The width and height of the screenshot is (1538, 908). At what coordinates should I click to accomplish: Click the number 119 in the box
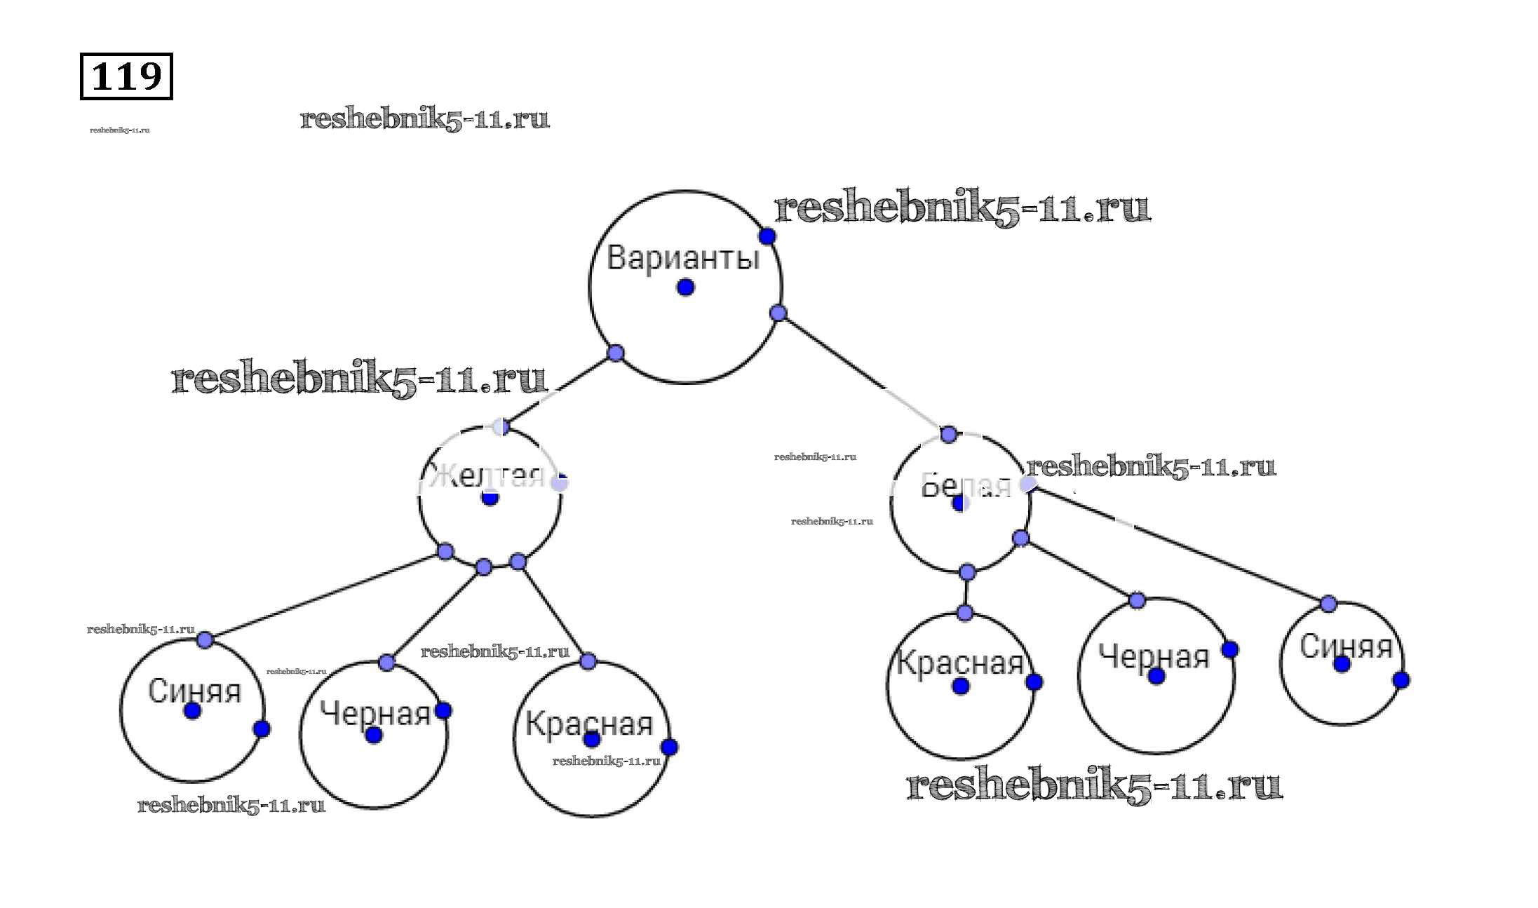coord(126,76)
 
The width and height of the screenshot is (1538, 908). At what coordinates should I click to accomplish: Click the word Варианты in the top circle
coord(683,257)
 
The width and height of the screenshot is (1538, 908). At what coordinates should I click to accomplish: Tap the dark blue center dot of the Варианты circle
coord(686,287)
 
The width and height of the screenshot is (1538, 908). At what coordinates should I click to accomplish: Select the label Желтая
coord(487,477)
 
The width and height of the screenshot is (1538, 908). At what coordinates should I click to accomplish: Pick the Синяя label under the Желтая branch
coord(194,691)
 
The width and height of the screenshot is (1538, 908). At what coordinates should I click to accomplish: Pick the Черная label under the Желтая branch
coord(375,714)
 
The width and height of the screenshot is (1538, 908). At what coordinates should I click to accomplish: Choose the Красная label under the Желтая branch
coord(589,723)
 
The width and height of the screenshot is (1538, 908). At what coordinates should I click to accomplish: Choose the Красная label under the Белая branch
coord(960,663)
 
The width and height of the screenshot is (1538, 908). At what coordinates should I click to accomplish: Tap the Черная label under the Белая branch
coord(1154,657)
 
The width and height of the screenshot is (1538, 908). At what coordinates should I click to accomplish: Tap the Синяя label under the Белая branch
coord(1346,646)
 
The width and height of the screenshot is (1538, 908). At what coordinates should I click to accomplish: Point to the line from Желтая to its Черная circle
coord(435,614)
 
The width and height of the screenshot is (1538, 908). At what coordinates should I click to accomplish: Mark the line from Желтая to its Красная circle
coord(553,611)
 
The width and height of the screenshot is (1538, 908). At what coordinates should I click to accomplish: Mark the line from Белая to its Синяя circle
coord(1178,544)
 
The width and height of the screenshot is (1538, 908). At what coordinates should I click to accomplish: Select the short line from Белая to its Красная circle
coord(966,593)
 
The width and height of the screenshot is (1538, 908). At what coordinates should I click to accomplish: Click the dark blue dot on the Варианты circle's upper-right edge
coord(767,236)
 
